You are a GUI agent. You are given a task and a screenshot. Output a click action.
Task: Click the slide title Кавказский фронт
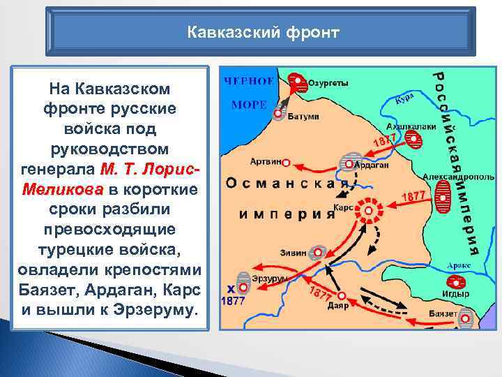point(264,32)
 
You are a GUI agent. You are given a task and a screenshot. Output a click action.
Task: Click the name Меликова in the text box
point(61,189)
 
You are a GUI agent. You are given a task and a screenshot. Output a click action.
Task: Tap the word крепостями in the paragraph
point(162,269)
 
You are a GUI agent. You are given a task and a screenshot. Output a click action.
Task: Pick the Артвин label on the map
point(265,161)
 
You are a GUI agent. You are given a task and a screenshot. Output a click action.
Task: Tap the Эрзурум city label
point(265,278)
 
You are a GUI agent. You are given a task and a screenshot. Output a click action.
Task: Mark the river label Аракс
point(459,265)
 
